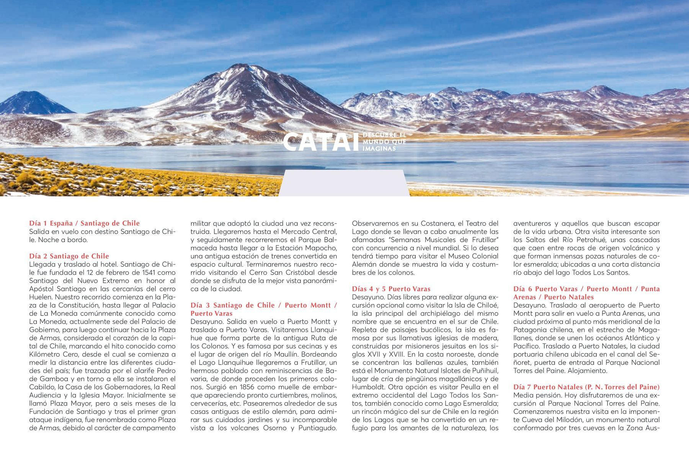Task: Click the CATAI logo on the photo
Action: tap(322, 142)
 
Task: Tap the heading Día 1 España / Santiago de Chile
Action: tap(84, 223)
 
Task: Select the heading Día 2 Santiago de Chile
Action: tap(69, 256)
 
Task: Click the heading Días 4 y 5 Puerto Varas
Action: tap(391, 289)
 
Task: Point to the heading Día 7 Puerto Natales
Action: tap(586, 387)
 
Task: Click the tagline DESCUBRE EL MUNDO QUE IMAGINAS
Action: tap(384, 142)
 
